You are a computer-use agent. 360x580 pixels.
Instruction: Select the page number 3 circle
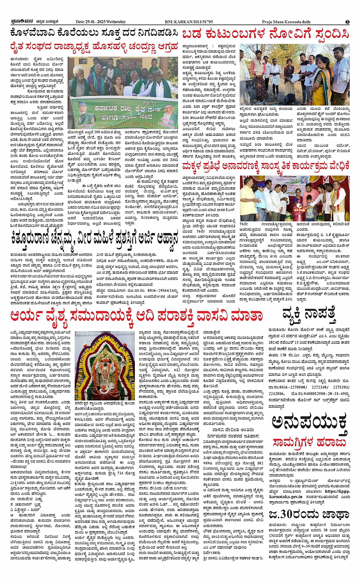pos(347,22)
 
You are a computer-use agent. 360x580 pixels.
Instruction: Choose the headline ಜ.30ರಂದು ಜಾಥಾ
pos(309,514)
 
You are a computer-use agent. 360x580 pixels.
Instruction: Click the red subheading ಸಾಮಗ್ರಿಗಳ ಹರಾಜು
pos(309,442)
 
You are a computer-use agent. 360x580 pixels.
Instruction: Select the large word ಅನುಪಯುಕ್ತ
pos(309,423)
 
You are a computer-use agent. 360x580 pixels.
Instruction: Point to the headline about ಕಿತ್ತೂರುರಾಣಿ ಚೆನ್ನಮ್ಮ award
pos(94,239)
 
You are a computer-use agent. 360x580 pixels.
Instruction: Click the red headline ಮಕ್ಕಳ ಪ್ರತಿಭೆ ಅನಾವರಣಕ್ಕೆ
pos(266,166)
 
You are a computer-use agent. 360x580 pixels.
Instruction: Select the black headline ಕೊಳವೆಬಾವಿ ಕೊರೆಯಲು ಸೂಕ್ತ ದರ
pos(94,33)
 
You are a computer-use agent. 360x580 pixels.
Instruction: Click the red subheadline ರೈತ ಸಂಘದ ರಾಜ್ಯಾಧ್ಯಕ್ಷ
pos(94,46)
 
